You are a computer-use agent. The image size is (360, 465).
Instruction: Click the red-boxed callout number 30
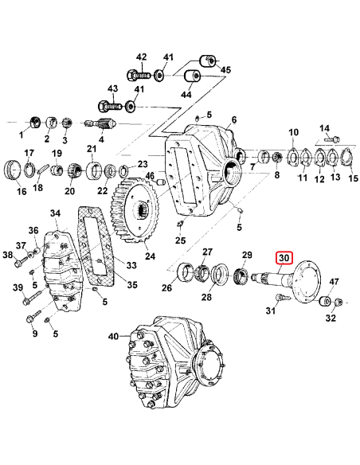point(284,258)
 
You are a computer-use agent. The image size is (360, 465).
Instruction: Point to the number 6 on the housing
point(234,120)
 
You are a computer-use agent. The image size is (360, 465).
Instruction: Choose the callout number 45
point(225,70)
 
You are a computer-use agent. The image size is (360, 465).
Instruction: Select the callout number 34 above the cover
point(54,214)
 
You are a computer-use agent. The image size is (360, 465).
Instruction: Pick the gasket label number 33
point(131,264)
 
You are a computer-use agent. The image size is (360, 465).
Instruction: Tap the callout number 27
point(207,253)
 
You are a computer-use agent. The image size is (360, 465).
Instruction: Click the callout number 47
point(335,281)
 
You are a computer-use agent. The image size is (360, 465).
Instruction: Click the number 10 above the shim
point(293,132)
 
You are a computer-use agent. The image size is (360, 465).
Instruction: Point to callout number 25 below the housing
point(180,240)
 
